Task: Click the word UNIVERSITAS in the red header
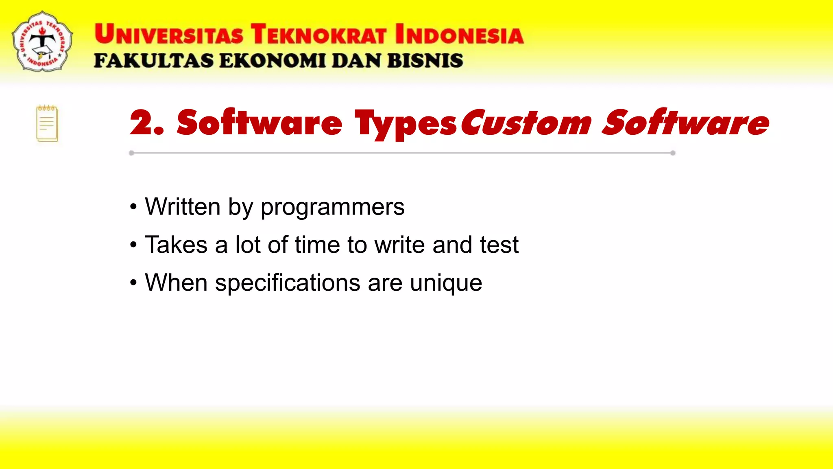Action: [169, 35]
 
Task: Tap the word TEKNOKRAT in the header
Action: [318, 35]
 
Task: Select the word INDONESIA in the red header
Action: [459, 35]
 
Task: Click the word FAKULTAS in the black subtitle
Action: [153, 61]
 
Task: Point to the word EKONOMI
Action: [273, 61]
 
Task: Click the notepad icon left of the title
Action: [47, 123]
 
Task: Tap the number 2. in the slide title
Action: [146, 123]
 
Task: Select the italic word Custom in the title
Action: [526, 123]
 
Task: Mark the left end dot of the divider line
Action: [131, 153]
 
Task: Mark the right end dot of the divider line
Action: [673, 153]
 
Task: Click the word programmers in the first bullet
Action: [332, 208]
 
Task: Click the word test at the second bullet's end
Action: [499, 245]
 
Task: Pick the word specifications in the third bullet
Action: [288, 283]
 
